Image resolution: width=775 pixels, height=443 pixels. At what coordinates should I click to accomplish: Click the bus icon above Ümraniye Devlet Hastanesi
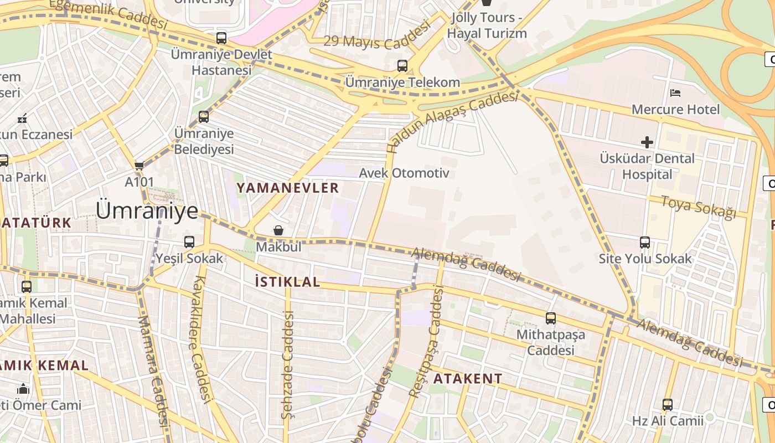coord(221,38)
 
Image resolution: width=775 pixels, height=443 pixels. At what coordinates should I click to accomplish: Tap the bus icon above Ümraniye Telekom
coord(402,66)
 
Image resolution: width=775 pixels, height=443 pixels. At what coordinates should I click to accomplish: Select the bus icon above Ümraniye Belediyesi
coord(204,117)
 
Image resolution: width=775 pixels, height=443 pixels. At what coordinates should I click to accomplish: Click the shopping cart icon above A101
coord(139,166)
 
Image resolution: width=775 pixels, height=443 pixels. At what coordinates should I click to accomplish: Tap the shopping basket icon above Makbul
coord(278,230)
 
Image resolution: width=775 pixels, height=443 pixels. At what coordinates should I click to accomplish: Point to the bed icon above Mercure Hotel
coord(675,92)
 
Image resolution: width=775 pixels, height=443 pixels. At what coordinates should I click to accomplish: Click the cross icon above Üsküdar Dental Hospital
coord(647,142)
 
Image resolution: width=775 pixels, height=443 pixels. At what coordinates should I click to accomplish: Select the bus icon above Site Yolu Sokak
coord(645,243)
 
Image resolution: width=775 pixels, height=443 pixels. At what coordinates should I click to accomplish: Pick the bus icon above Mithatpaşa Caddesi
coord(550,318)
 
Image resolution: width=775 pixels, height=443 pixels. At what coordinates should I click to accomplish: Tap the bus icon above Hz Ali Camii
coord(668,405)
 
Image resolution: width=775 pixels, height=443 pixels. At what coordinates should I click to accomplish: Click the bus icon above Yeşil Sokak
coord(189,242)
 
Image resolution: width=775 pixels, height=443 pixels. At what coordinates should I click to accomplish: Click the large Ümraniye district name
coord(147,211)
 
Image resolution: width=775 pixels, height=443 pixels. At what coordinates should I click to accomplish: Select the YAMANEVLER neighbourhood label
coord(287,188)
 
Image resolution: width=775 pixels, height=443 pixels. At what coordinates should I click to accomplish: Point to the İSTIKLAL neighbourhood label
coord(287,282)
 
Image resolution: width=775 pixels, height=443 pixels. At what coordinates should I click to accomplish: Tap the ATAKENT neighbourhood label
coord(468,379)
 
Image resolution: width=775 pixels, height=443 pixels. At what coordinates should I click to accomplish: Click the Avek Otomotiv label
coord(404,173)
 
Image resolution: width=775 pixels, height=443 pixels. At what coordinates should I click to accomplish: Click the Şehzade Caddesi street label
coord(287,365)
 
